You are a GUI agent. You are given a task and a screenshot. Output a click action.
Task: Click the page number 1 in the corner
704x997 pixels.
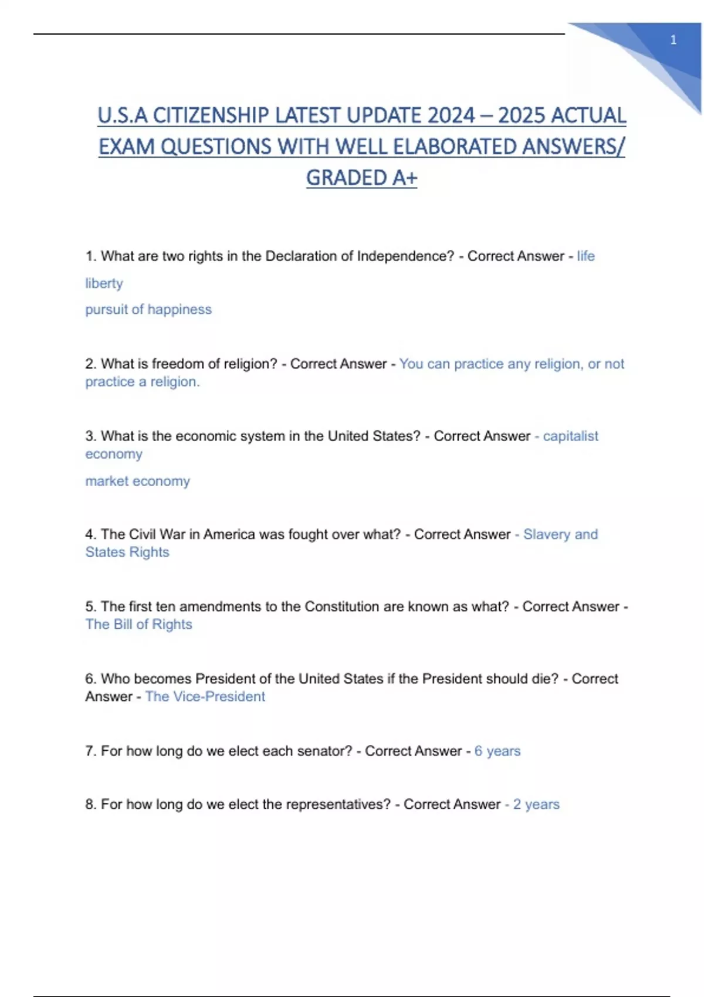[673, 40]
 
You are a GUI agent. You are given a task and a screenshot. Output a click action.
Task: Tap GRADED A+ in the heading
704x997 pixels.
[361, 178]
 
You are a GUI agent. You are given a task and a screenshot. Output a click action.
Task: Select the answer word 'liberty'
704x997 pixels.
[104, 283]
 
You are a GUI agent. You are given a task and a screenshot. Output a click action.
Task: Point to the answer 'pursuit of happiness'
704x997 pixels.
[148, 309]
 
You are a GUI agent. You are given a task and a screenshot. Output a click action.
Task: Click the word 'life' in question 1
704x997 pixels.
[585, 256]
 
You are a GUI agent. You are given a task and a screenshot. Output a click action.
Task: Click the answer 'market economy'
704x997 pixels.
[137, 481]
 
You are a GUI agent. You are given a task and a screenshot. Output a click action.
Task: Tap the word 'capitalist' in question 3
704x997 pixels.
[570, 436]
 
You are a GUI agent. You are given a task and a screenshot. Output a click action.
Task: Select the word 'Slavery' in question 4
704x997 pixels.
[546, 534]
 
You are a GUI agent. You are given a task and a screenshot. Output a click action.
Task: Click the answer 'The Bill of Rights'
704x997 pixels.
[138, 624]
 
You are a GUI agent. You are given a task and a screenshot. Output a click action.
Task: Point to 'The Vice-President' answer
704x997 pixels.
[205, 696]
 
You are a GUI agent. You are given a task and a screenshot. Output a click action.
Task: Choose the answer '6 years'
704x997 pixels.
[497, 751]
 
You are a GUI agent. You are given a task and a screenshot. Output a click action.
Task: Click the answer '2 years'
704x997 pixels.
[536, 804]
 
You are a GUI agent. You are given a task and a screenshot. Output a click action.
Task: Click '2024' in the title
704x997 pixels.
[451, 116]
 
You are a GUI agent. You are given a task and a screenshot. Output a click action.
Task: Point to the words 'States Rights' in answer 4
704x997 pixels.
[127, 552]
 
